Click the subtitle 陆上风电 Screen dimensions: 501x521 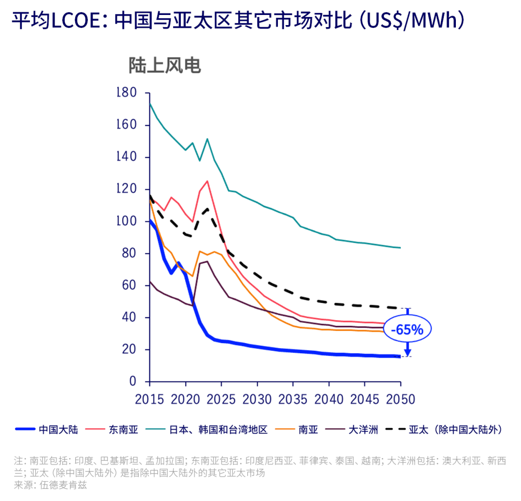165,66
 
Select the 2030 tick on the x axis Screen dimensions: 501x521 257,399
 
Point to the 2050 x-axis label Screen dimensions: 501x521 400,399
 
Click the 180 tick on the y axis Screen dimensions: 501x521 127,93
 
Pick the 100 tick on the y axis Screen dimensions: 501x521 127,222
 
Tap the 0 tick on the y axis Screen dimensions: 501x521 133,382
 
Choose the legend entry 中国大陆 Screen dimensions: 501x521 58,430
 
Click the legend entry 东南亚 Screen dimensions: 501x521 123,430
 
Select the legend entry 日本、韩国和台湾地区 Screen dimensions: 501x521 218,430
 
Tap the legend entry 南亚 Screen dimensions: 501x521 308,430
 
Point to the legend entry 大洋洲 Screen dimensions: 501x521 363,430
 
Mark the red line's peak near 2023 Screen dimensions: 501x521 207,181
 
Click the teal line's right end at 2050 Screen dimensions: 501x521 400,248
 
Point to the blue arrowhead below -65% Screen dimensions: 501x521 408,352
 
